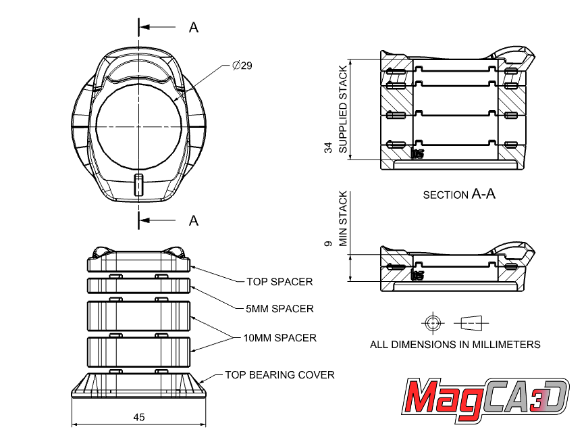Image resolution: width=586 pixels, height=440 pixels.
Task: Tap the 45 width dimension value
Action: pyautogui.click(x=138, y=417)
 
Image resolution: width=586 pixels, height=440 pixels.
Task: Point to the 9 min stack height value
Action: pyautogui.click(x=328, y=243)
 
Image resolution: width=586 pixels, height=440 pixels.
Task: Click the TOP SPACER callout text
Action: pyautogui.click(x=279, y=281)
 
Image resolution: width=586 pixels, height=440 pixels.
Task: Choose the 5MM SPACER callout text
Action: pyautogui.click(x=279, y=309)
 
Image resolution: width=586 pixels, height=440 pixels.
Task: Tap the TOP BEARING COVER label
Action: pyautogui.click(x=279, y=374)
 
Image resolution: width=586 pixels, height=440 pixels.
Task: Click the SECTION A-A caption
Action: pyautogui.click(x=459, y=195)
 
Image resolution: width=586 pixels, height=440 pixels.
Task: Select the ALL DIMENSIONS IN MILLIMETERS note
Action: pyautogui.click(x=455, y=344)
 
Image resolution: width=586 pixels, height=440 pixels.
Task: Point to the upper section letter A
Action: pyautogui.click(x=194, y=27)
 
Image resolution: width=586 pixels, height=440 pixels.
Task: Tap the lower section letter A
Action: pyautogui.click(x=194, y=220)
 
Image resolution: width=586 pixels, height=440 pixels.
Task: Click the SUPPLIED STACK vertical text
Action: pyautogui.click(x=343, y=109)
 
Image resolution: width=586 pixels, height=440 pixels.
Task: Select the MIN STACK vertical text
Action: pyautogui.click(x=343, y=219)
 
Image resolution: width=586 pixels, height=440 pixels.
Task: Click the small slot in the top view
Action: pyautogui.click(x=138, y=184)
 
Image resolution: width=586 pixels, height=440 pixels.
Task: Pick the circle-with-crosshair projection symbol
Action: pyautogui.click(x=432, y=322)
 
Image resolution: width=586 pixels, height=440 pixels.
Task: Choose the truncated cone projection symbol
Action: pyautogui.click(x=474, y=322)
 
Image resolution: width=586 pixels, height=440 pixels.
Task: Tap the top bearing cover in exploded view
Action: pyautogui.click(x=138, y=386)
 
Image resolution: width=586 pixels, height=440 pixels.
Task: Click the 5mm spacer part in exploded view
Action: pyautogui.click(x=138, y=285)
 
